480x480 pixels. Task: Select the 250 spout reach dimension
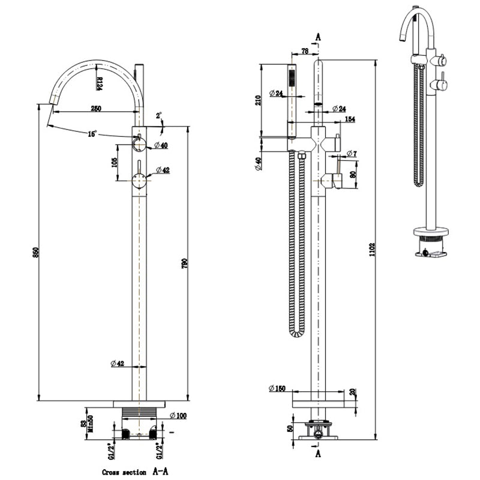coord(95,109)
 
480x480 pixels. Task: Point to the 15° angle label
coord(92,134)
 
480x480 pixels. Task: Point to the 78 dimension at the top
coord(305,52)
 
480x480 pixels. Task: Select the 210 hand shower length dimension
coord(259,100)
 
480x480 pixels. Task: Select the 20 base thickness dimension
coord(352,392)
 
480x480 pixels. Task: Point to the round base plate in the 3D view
coord(430,231)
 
